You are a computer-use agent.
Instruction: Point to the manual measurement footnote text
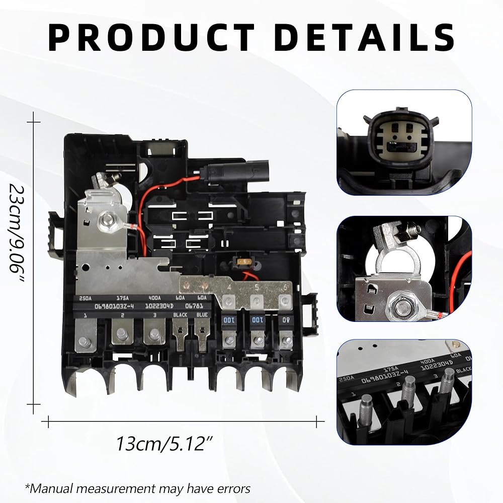coord(137,488)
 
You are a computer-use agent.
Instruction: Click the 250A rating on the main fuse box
coord(84,298)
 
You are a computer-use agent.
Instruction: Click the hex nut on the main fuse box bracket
coord(106,219)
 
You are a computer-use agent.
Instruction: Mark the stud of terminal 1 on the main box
coord(84,344)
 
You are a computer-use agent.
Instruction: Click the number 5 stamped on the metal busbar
coord(257,288)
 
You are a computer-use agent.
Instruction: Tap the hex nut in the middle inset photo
coord(403,305)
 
